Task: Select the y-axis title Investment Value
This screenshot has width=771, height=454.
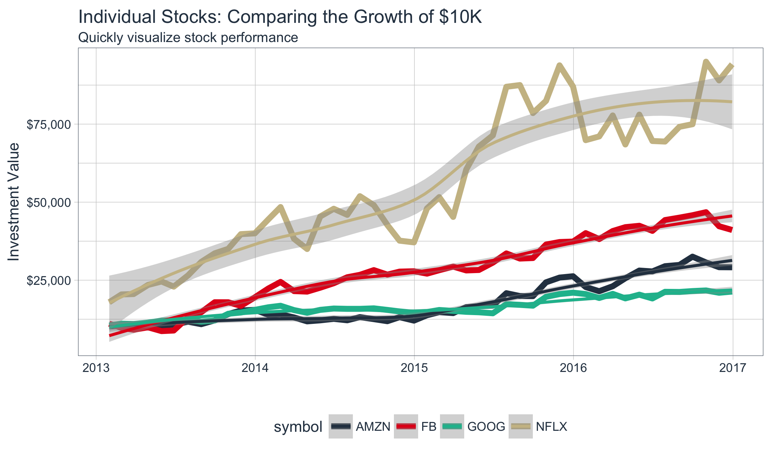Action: tap(14, 202)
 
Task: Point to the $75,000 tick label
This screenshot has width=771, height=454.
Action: tap(49, 124)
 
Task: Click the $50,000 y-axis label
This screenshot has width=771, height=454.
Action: tap(49, 202)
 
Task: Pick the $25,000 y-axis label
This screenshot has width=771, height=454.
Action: tap(49, 280)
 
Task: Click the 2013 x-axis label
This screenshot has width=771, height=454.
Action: tap(96, 368)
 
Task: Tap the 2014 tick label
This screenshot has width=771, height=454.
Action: tap(255, 368)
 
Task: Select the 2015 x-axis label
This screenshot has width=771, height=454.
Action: tap(414, 368)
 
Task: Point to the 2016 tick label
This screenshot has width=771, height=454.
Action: tap(574, 368)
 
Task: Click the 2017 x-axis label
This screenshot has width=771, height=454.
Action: tap(732, 368)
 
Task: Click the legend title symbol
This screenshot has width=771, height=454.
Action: tap(298, 427)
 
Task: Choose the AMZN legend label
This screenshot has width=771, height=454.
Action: tap(373, 426)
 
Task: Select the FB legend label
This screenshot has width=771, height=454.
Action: tap(429, 426)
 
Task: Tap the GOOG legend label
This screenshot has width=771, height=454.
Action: tap(486, 426)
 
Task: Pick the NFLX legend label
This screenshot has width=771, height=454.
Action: tap(551, 426)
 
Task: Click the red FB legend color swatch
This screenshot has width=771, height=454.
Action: tap(406, 426)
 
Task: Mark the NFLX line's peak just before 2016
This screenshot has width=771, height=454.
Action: tap(559, 65)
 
